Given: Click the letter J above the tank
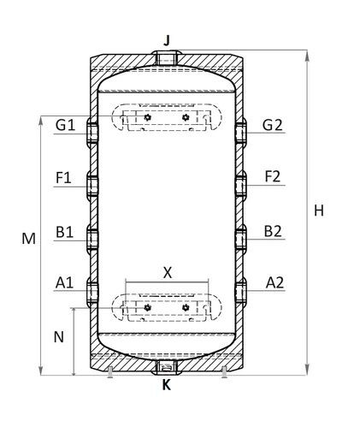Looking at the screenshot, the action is coord(167,40).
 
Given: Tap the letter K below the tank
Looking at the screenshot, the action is coord(167,385).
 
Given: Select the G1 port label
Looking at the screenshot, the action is coord(65,125).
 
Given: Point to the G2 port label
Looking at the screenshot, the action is coord(272,125).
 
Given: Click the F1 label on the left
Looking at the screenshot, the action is coord(63,178).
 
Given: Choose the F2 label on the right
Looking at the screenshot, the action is coord(273,176).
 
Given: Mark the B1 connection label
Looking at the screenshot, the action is coord(64,232).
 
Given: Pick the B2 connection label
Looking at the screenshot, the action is coord(273,231).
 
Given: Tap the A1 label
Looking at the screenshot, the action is coord(64,283).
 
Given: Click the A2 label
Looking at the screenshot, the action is coord(274,283).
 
